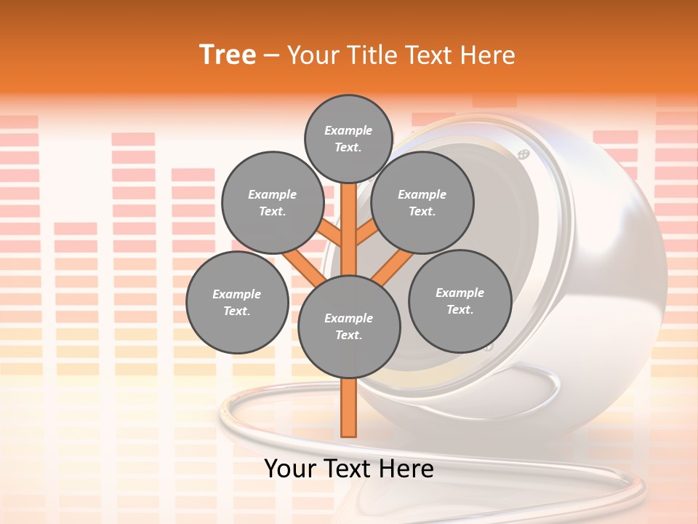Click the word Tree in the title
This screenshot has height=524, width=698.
(x=228, y=55)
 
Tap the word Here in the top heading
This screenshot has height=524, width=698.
(x=488, y=55)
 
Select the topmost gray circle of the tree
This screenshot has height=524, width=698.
(x=348, y=138)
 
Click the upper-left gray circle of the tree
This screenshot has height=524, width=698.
(x=272, y=202)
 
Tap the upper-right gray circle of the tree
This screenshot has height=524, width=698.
(x=422, y=202)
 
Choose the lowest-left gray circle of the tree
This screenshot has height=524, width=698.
(x=236, y=302)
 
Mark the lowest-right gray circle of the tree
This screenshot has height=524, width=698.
(x=460, y=301)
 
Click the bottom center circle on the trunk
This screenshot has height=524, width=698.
(x=349, y=326)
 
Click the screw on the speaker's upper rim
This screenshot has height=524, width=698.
(x=522, y=154)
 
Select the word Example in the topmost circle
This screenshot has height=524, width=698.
(x=348, y=130)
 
